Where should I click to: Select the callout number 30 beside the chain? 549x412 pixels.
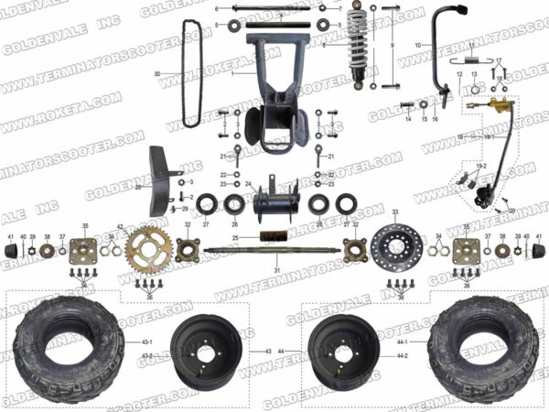(x=156, y=73)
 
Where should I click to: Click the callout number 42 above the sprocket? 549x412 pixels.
(x=120, y=226)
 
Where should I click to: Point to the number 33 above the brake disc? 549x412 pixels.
(x=395, y=211)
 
